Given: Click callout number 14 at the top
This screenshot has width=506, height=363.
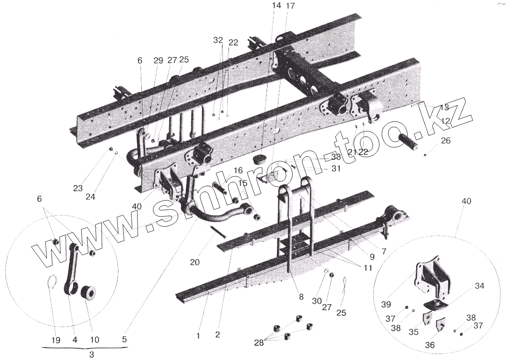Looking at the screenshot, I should pos(277,6).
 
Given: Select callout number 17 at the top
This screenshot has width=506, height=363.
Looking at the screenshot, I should pos(290,6).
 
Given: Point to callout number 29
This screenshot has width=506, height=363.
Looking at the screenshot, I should pos(158,61).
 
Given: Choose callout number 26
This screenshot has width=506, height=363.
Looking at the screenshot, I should pos(446,141).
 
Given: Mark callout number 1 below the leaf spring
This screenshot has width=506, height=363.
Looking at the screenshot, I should pos(198,334).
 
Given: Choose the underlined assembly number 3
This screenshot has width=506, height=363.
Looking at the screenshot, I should pos(91,354).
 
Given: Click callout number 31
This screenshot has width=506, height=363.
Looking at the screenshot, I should pos(336,169).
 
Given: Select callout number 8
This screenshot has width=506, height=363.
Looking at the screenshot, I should pos(301,297).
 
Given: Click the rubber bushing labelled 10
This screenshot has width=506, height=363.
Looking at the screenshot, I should pos(90,293).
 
